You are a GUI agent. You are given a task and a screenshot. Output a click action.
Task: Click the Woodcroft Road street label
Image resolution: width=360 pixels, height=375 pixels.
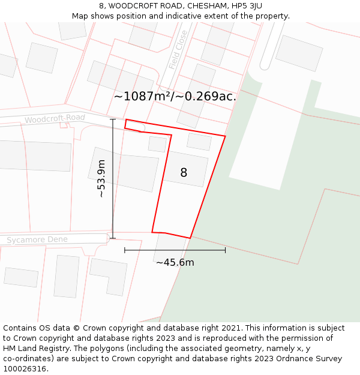pyautogui.click(x=55, y=118)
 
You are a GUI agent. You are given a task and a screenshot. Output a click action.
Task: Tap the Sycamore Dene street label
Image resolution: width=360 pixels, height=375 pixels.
pyautogui.click(x=37, y=240)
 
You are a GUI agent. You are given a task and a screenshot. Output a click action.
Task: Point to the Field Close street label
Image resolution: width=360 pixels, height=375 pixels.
pyautogui.click(x=178, y=50)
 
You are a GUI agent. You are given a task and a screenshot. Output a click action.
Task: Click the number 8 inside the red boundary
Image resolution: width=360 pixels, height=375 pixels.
pyautogui.click(x=184, y=173)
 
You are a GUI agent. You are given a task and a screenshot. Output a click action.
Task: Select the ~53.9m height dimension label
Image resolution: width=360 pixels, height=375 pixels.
pyautogui.click(x=101, y=179)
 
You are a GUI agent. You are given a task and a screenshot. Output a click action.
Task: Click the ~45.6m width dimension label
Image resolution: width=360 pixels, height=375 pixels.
pyautogui.click(x=175, y=262)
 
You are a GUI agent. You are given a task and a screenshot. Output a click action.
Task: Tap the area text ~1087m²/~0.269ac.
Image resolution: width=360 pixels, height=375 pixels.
pyautogui.click(x=175, y=96)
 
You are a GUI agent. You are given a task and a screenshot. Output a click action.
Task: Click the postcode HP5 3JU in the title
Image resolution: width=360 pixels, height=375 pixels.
pyautogui.click(x=246, y=6)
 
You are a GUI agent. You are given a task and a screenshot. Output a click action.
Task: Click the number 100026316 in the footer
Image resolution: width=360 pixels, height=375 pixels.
pyautogui.click(x=26, y=368)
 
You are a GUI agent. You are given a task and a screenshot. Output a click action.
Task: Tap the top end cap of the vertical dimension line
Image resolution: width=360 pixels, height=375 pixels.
pyautogui.click(x=113, y=119)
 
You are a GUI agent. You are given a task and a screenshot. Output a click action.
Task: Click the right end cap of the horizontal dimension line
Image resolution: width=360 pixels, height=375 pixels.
pyautogui.click(x=226, y=250)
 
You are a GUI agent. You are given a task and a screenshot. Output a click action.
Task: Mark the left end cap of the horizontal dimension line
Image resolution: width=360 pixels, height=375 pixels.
pyautogui.click(x=125, y=250)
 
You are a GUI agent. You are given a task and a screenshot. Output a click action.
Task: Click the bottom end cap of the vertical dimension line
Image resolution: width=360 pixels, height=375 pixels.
pyautogui.click(x=113, y=238)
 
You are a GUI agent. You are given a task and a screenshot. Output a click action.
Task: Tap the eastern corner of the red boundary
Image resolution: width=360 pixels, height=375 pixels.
pyautogui.click(x=225, y=136)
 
